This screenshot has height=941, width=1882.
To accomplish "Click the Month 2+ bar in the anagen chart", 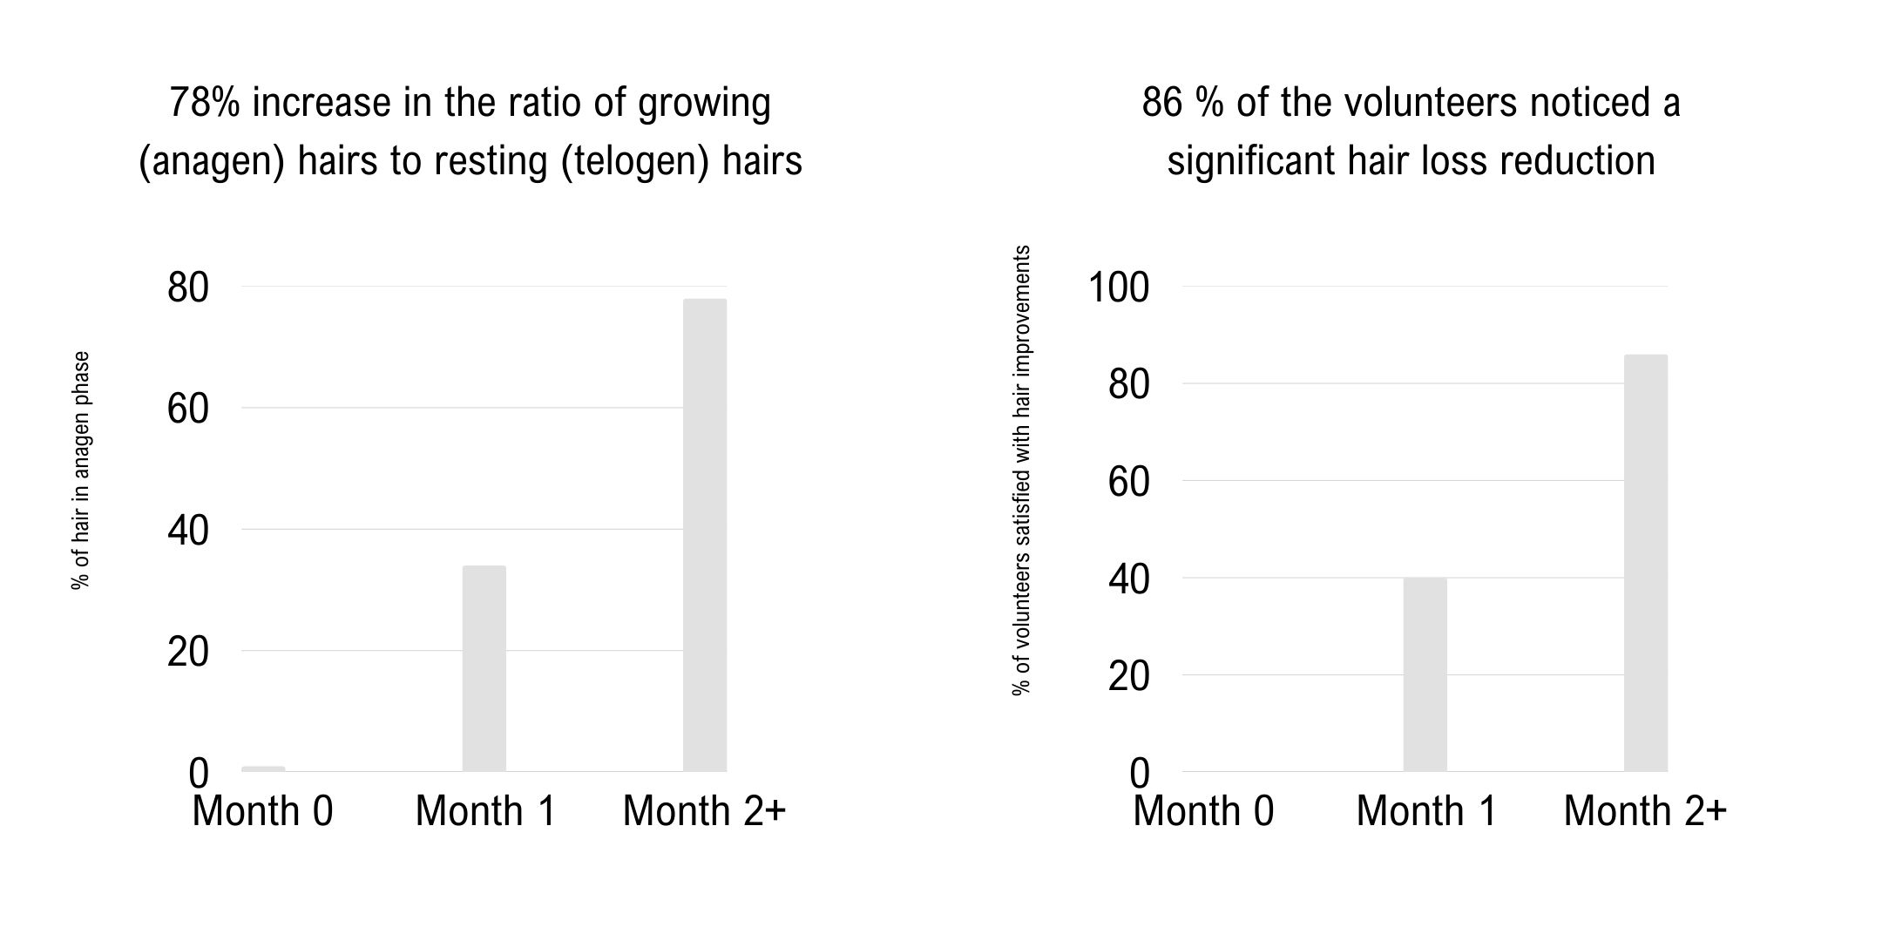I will coord(704,535).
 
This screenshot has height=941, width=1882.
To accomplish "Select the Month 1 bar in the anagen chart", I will coord(484,668).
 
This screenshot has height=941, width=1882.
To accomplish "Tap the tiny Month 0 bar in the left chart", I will coord(263,768).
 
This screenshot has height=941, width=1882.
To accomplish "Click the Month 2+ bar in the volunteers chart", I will coord(1645,563).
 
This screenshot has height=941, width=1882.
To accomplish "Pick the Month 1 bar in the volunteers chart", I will coord(1425,674).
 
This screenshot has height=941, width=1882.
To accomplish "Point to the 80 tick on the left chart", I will coord(188,288).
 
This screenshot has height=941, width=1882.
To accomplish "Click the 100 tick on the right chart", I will coord(1119,288).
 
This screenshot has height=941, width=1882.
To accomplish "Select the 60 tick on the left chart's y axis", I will coord(188,410).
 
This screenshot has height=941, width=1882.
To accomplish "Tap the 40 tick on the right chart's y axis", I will coord(1129,579).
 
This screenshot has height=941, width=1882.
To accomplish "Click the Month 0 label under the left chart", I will coord(262,811).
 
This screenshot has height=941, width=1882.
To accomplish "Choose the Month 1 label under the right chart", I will coord(1426,811).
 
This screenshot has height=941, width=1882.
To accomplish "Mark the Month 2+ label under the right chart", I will coord(1645,811).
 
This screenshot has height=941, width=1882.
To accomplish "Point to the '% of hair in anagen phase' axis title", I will coord(81,470).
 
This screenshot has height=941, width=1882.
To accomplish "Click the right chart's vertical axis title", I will coord(1021,470).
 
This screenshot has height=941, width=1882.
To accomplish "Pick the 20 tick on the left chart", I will coord(188,653).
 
